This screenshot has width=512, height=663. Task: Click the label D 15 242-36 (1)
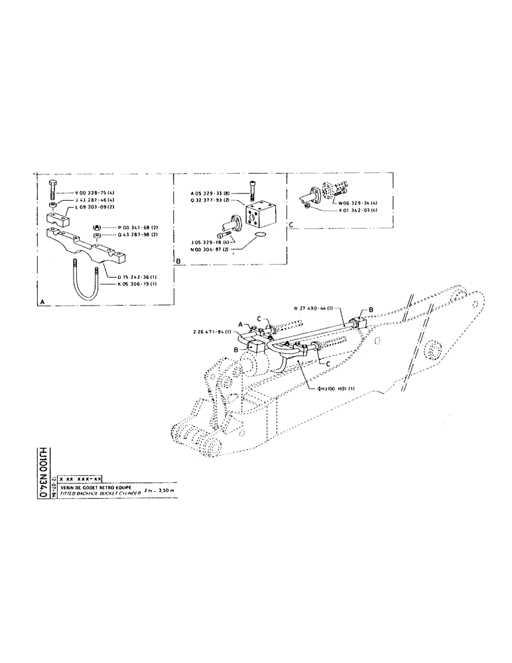click(x=130, y=277)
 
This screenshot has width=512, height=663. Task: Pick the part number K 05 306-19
click(x=130, y=285)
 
